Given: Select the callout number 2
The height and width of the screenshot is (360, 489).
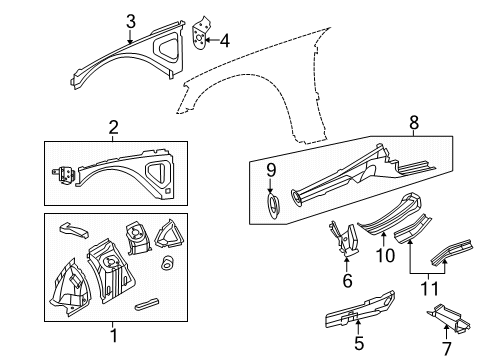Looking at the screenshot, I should [x=113, y=127].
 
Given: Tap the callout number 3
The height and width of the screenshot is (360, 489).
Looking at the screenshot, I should [x=130, y=20].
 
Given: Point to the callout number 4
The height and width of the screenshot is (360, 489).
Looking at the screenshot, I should [x=224, y=41].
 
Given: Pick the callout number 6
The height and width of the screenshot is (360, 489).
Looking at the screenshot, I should [x=348, y=281].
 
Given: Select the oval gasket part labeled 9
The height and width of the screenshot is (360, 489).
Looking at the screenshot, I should [x=270, y=206].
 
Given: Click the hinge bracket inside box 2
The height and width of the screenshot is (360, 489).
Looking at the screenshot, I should [x=64, y=171].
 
